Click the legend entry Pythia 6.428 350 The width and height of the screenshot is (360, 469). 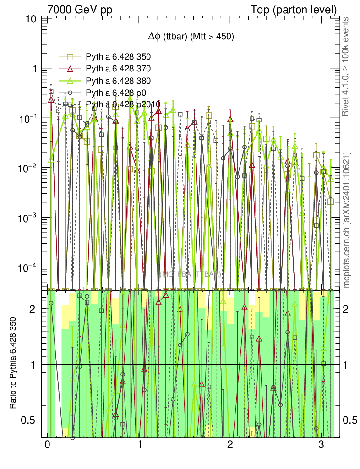(118, 57)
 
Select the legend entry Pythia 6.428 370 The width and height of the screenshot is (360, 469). (118, 69)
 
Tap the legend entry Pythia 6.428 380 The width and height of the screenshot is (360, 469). (118, 81)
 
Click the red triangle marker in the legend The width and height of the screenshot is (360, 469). (71, 69)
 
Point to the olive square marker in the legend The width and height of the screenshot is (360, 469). (71, 57)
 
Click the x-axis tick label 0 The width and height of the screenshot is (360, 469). (47, 445)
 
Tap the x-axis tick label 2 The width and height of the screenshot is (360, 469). (230, 445)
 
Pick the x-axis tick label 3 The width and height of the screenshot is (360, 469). (321, 445)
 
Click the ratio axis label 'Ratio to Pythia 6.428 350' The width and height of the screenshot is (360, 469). (14, 364)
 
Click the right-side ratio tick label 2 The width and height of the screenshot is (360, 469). (349, 309)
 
